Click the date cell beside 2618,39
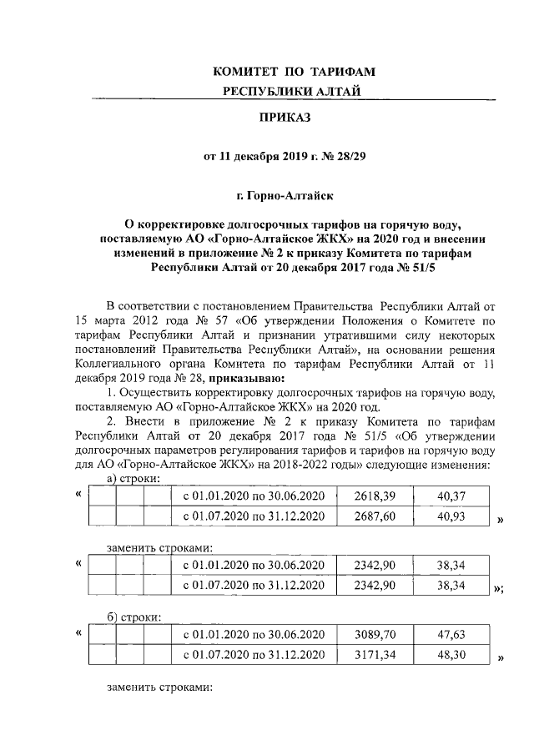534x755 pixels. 253,496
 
